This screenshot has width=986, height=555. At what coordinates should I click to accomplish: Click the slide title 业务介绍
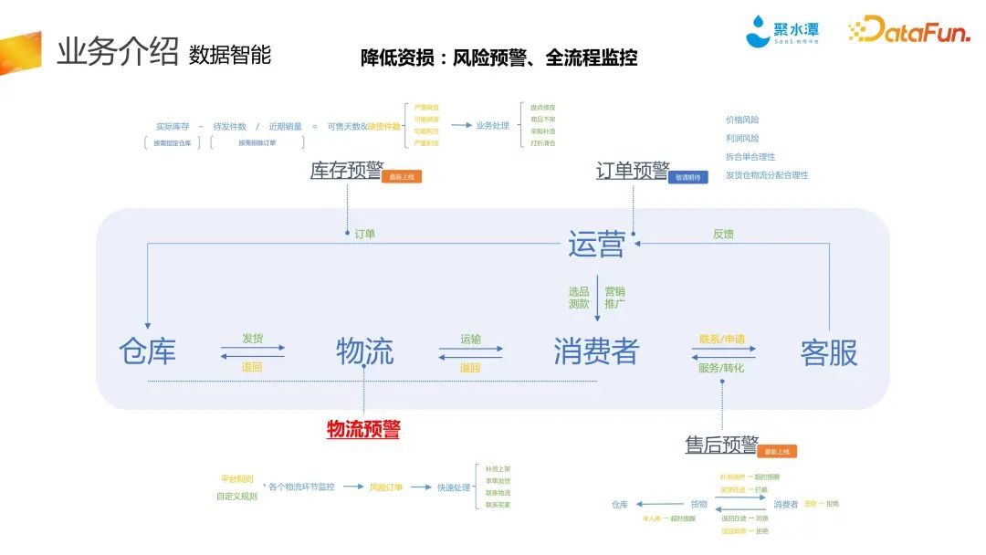tap(117, 52)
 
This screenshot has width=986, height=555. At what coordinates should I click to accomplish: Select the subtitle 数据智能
tap(230, 55)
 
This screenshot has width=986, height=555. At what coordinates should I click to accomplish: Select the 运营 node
tap(596, 244)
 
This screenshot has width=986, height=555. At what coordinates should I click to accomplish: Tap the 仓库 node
tap(147, 351)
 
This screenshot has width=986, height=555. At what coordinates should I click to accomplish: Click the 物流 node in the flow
tap(364, 351)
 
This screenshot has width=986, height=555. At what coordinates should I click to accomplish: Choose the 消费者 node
tap(596, 351)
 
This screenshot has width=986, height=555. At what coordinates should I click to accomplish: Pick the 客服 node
tap(829, 352)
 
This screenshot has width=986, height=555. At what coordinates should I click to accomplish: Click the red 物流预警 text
tap(363, 429)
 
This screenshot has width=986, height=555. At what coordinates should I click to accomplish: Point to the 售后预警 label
tap(721, 445)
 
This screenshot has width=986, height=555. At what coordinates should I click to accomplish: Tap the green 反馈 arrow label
tap(723, 235)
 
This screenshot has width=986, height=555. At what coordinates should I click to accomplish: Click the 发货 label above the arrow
tap(252, 339)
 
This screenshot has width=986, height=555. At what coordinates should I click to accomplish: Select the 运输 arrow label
tap(470, 339)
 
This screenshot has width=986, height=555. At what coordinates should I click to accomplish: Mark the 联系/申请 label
tap(721, 339)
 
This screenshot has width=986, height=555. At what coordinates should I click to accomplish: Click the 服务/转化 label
tap(721, 368)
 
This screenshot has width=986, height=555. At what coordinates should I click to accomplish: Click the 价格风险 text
tap(742, 120)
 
